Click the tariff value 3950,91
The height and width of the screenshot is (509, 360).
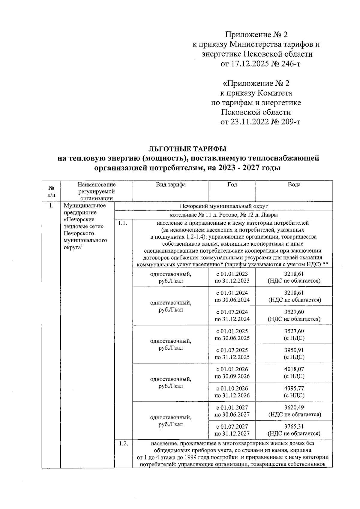tap(294, 350)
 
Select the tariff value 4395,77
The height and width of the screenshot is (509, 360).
tap(294, 388)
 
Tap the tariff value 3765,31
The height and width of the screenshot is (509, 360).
tap(294, 426)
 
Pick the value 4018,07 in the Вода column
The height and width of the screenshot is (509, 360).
tap(294, 369)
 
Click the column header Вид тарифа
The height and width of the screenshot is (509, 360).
tap(170, 185)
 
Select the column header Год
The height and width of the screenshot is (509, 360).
tap(232, 185)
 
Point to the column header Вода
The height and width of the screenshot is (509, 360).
tap(294, 185)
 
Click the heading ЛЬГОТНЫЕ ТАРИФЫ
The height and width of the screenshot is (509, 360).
tap(188, 149)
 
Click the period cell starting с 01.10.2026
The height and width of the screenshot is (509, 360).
tap(232, 392)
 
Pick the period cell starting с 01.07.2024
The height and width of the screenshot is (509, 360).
tap(232, 315)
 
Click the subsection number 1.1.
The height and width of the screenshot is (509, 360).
tap(123, 223)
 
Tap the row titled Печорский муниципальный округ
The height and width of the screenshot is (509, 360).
tap(223, 206)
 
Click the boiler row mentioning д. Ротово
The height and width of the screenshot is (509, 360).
tap(223, 215)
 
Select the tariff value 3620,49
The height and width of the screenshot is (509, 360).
tap(294, 407)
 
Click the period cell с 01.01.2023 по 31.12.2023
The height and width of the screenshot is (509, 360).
tap(232, 277)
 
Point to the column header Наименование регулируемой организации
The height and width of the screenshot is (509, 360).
tap(96, 191)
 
